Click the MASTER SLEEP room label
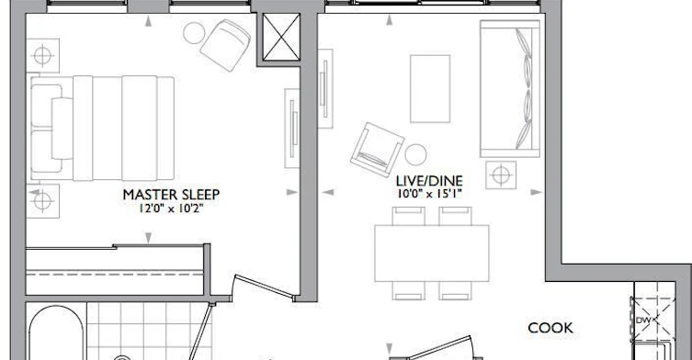coord(171,195)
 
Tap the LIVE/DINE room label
coord(429,181)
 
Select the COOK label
coord(550,328)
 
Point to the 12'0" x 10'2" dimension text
coord(171,208)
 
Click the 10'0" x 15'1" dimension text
coord(429,193)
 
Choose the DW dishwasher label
coord(643,320)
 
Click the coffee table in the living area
coord(430,89)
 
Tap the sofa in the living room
coord(510,89)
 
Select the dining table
coord(432,253)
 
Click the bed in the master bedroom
coord(102,128)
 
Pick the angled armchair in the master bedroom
coord(225,45)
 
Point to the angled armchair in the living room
coord(377,150)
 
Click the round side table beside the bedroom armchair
coord(194,33)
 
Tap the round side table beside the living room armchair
coord(415,154)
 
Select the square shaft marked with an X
coord(281,37)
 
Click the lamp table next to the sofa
coord(501,175)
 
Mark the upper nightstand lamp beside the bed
coord(42,56)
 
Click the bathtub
coord(56,333)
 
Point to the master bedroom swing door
coord(264,287)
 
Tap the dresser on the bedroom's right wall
coord(292,128)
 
